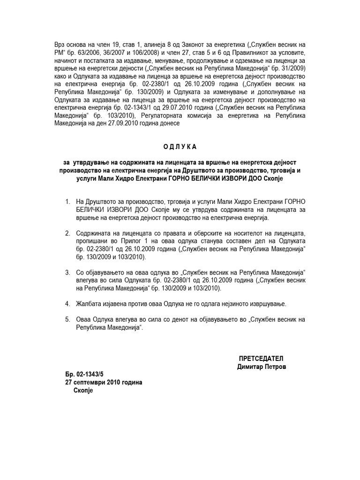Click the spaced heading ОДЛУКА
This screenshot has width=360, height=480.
tap(180, 147)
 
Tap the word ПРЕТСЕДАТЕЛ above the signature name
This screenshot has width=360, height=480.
tap(261, 358)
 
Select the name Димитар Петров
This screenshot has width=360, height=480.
tap(261, 366)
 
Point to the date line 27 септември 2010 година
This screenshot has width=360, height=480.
tap(104, 382)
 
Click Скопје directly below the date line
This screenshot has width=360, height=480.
tap(84, 390)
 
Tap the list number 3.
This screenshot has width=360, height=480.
tap(67, 272)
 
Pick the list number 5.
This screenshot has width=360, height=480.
tap(67, 320)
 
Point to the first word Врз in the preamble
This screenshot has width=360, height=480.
tap(60, 44)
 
